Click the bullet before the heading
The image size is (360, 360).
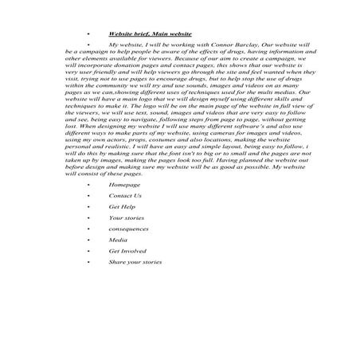[x=88, y=36]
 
